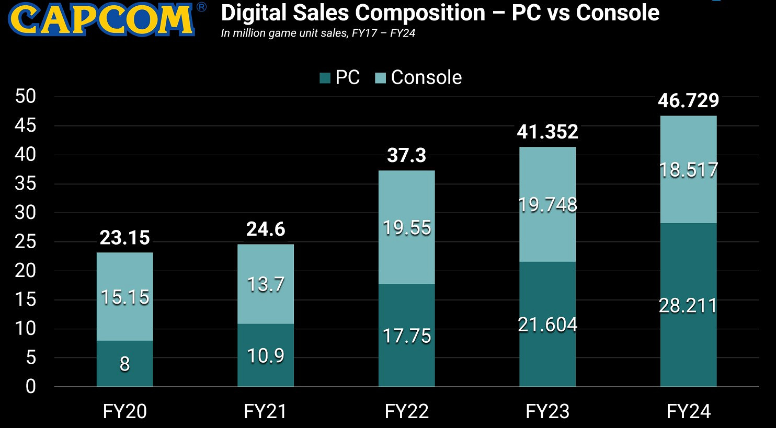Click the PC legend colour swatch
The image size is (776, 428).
(325, 78)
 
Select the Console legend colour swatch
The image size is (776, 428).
(381, 78)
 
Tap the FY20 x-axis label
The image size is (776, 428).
(124, 411)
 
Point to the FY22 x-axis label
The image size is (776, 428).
(406, 411)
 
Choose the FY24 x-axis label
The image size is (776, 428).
(688, 411)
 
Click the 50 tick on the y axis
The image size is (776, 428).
(26, 96)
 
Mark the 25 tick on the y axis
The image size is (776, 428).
(26, 241)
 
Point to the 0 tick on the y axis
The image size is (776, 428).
(31, 387)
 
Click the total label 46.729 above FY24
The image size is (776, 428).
(688, 100)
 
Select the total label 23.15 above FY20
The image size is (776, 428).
(124, 238)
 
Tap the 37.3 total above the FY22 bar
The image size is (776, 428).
(406, 155)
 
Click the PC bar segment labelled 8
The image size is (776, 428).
(124, 364)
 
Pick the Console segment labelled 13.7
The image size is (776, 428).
(266, 284)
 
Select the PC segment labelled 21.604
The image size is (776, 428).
(547, 325)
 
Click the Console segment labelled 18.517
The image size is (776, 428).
(688, 170)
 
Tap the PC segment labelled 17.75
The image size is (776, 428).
(406, 336)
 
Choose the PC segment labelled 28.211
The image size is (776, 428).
(688, 306)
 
